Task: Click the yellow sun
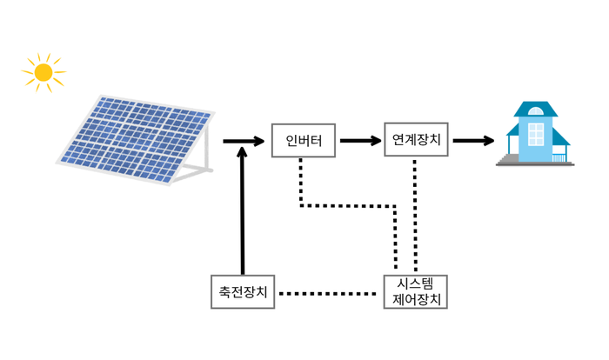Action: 43,72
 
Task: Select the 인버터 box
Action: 303,140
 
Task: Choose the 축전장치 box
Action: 244,292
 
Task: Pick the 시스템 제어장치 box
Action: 416,292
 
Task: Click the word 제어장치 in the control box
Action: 417,301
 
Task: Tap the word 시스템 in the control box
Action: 417,284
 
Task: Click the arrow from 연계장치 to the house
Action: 473,140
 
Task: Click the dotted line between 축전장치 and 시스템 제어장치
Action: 331,293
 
